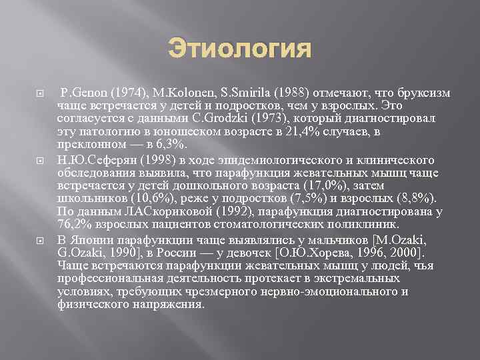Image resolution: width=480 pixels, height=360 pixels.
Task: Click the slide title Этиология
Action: click(239, 50)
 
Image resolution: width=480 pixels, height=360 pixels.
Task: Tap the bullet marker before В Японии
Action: click(23, 241)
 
